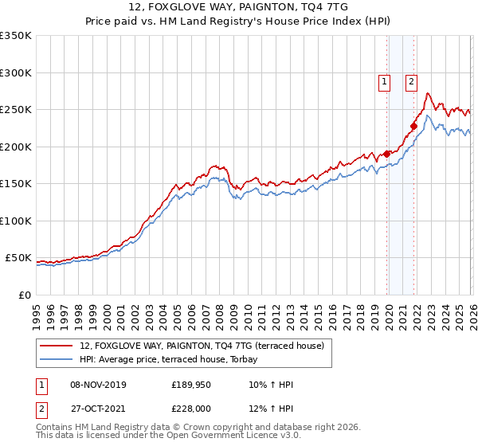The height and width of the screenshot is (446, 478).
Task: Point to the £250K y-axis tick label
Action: (x=16, y=109)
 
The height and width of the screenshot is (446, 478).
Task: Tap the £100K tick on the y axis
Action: (x=16, y=221)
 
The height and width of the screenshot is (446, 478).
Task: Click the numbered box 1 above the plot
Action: (x=384, y=80)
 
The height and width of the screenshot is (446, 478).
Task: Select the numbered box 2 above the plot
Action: (x=411, y=80)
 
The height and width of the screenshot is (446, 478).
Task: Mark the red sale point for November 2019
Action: (x=387, y=154)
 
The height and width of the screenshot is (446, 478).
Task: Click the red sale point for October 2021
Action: (x=414, y=125)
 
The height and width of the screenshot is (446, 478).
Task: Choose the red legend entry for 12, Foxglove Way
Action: (x=202, y=346)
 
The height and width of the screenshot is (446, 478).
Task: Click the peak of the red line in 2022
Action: (x=428, y=94)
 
